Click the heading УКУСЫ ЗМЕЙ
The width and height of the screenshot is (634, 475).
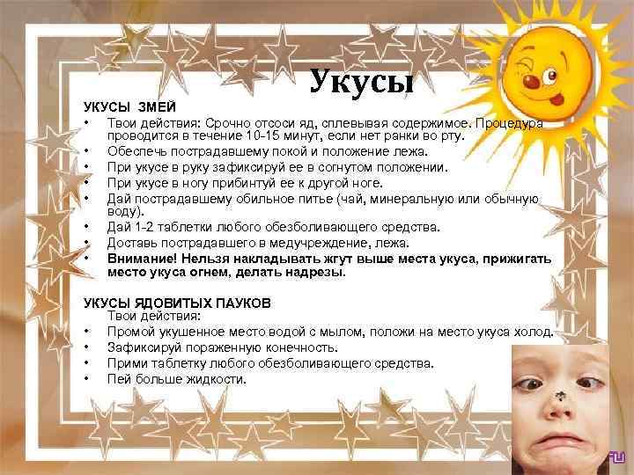[124, 106]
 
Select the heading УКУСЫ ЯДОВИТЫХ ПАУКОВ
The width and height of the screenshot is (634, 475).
[176, 303]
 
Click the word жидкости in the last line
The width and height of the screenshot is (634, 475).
[217, 379]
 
